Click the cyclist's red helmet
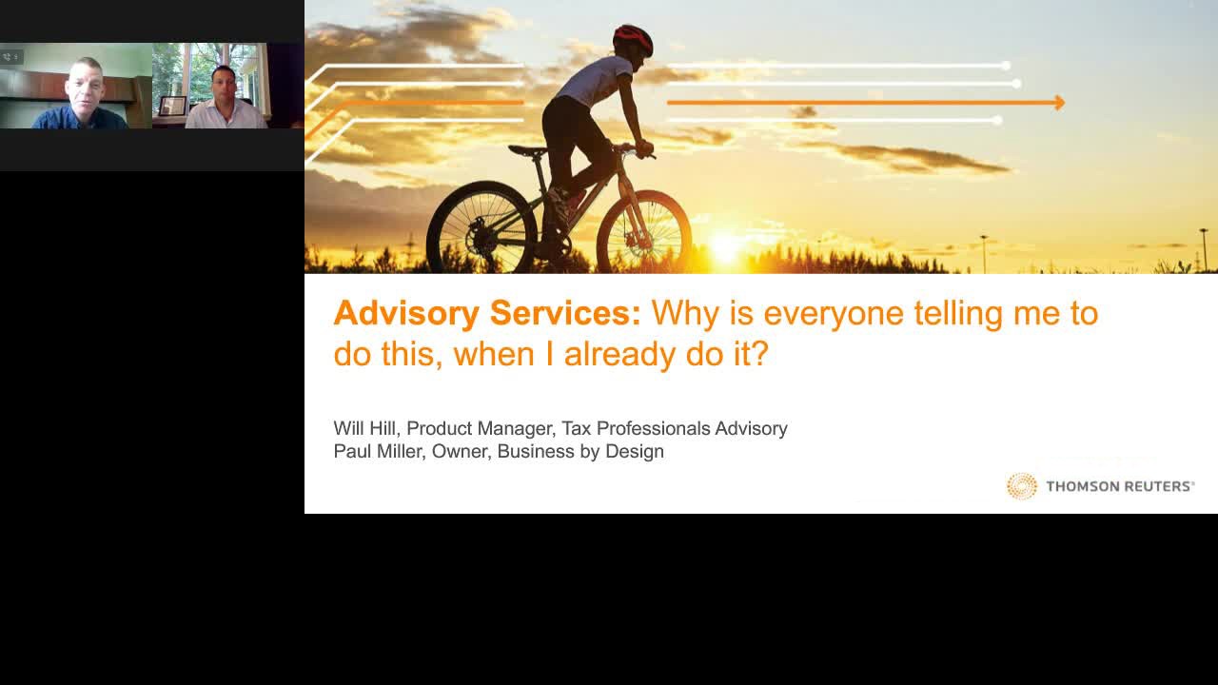(x=633, y=39)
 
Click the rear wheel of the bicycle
(x=481, y=227)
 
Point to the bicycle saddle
(x=527, y=150)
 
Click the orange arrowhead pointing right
(x=1060, y=102)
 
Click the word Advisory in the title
(x=406, y=314)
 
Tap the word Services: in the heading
(x=565, y=313)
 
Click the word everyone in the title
(x=833, y=314)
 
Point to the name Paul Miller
(x=379, y=451)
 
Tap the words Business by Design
(x=580, y=452)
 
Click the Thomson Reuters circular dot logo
(x=1022, y=485)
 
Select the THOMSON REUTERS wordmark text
(x=1120, y=486)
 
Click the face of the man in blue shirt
(x=85, y=87)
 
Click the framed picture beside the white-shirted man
(x=173, y=106)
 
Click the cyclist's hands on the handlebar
(x=644, y=148)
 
